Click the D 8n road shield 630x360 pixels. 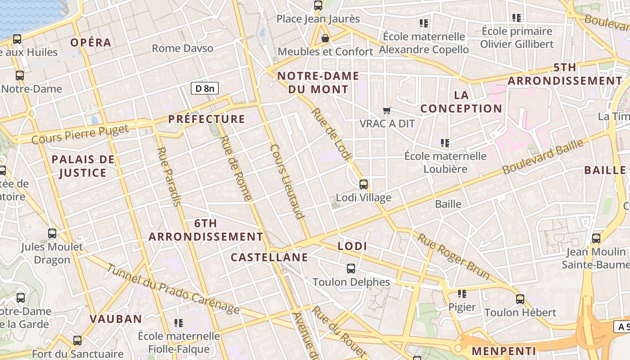point(204,88)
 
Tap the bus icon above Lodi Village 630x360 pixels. point(363,184)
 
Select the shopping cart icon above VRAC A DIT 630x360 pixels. point(387,110)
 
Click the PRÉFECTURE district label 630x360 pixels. point(207,119)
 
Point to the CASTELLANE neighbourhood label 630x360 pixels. point(269,257)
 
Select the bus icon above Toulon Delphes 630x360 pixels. point(351,269)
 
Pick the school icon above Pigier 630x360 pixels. point(462,294)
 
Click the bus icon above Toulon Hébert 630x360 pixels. point(520,299)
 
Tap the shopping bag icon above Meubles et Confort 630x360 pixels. point(325,39)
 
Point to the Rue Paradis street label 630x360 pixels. point(169,176)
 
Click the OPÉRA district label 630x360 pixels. point(91,43)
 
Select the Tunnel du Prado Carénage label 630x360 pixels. point(173,288)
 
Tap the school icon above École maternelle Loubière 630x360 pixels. point(445,143)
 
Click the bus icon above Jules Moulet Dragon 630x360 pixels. point(52,234)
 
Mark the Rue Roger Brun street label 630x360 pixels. point(453,256)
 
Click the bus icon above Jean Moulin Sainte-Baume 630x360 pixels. point(596,238)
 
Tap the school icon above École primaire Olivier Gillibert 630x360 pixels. point(516,18)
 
